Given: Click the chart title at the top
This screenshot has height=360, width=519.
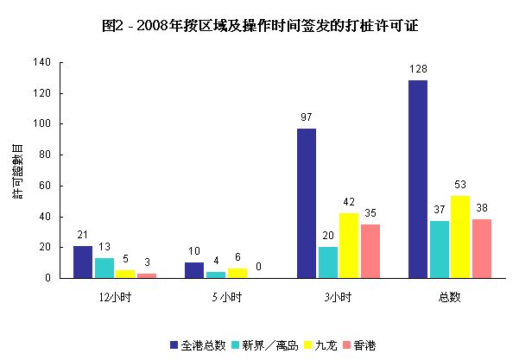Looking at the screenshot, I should [259, 26].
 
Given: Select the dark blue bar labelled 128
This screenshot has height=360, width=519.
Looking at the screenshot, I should [418, 179].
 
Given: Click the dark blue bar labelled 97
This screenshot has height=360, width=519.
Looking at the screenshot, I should [307, 203].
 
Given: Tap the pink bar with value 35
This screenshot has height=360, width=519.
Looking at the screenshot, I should [370, 250].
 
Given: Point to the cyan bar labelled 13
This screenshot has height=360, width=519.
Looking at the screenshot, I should [104, 268].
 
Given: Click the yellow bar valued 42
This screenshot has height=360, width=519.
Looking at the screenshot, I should [348, 245].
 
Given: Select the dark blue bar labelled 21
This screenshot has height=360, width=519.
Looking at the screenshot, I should [82, 262].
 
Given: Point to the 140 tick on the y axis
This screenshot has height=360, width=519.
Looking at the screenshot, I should [42, 62].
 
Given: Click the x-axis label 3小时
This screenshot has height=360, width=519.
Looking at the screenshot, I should [338, 298].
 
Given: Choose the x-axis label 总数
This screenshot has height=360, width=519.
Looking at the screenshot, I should [449, 298].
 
